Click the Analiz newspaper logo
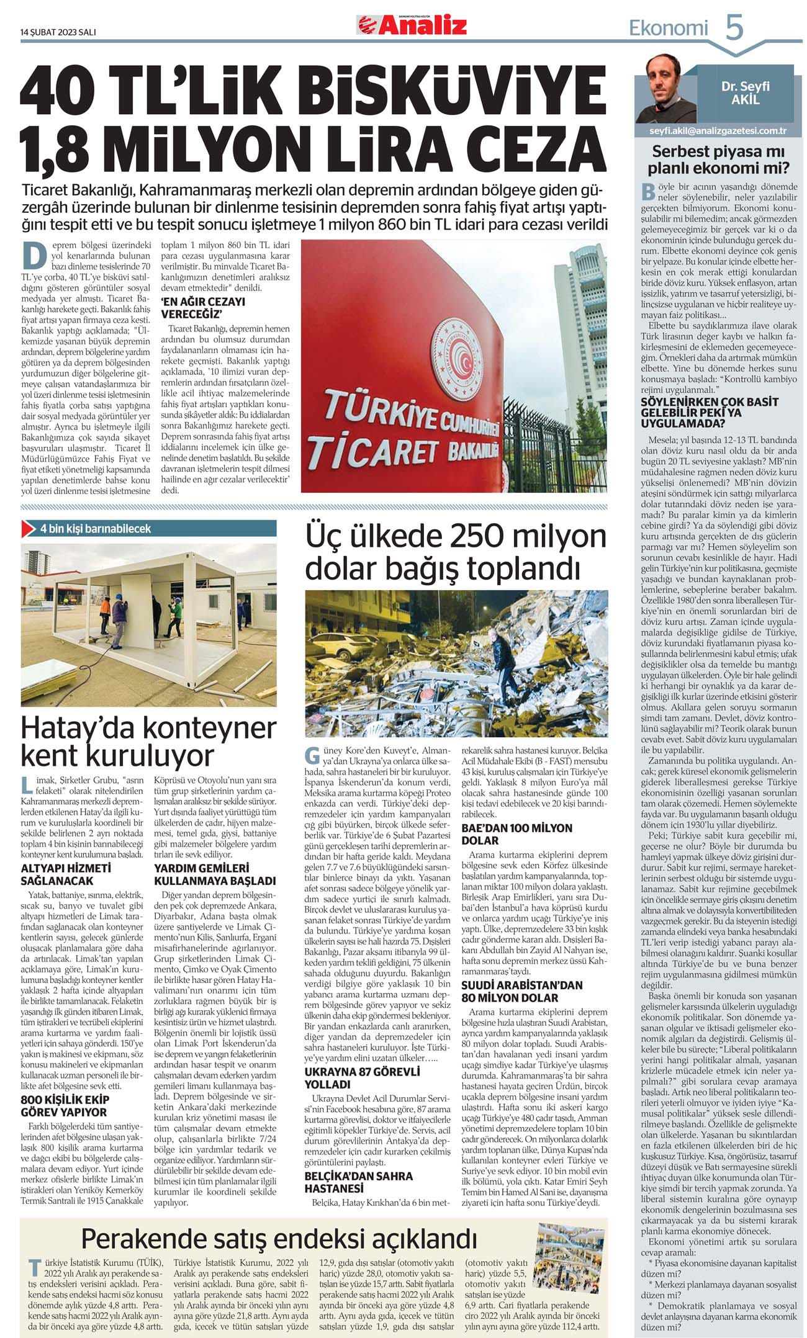pyautogui.click(x=412, y=25)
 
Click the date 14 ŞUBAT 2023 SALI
pyautogui.click(x=58, y=32)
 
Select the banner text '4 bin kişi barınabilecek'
pyautogui.click(x=96, y=529)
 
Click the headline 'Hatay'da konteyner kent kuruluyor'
pyautogui.click(x=148, y=742)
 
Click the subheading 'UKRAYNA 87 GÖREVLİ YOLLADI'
pyautogui.click(x=362, y=1078)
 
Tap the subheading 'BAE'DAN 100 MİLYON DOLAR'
pyautogui.click(x=516, y=834)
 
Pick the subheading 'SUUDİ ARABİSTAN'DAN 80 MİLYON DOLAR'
pyautogui.click(x=521, y=991)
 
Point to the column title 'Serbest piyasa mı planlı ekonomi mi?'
pyautogui.click(x=718, y=160)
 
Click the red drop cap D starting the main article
pyautogui.click(x=35, y=254)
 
